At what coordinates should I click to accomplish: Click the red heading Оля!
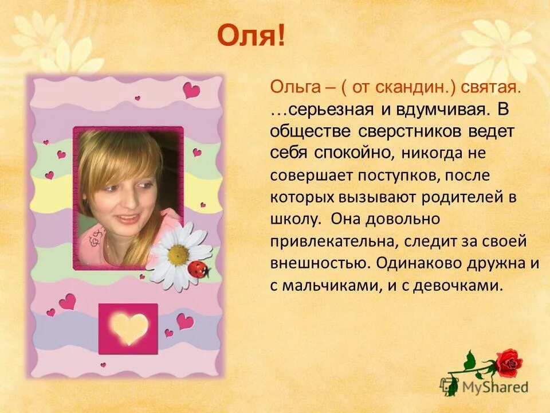(x=250, y=36)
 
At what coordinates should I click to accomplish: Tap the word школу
(x=292, y=219)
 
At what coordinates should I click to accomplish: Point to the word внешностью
(x=319, y=263)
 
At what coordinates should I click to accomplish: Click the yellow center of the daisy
(x=178, y=253)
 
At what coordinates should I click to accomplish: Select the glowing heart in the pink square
(x=129, y=328)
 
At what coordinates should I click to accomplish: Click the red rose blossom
(x=509, y=363)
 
